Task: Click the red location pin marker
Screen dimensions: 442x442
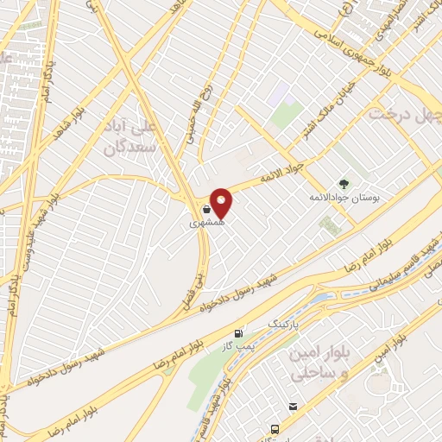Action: (x=222, y=203)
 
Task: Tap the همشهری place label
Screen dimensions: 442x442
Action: (x=207, y=222)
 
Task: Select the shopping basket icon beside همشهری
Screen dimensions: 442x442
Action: (x=207, y=209)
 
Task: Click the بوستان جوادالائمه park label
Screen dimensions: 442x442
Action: (x=344, y=196)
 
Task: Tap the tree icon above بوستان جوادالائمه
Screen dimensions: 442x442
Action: (x=344, y=183)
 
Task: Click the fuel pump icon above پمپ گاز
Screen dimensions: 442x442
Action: (x=239, y=333)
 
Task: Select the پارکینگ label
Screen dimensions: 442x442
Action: (x=288, y=323)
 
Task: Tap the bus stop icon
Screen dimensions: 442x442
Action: (x=275, y=429)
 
